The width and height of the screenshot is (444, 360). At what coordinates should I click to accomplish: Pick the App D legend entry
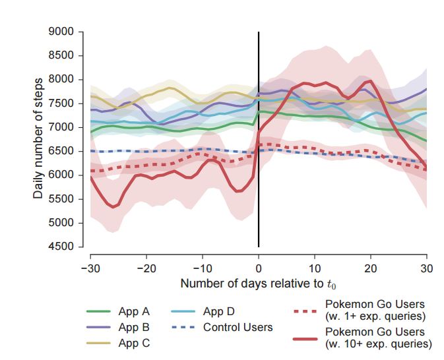(x=219, y=312)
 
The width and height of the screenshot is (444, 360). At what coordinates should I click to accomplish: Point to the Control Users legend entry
(x=238, y=327)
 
